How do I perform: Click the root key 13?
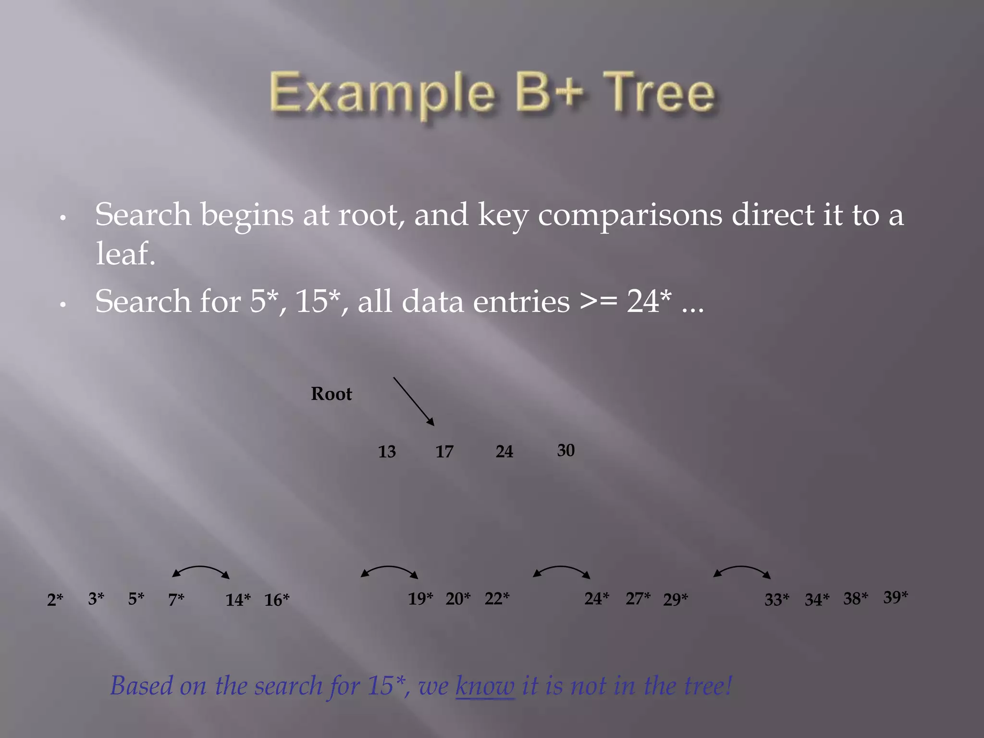click(387, 452)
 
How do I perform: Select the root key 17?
click(444, 452)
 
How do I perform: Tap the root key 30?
click(566, 450)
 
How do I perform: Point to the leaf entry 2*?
click(55, 600)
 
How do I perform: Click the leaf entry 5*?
click(136, 599)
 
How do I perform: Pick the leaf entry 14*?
click(238, 600)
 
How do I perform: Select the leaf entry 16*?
click(277, 600)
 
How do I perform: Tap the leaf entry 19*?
click(420, 599)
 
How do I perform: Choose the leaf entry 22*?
click(497, 599)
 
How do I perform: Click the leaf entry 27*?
click(638, 599)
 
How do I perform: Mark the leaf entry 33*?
click(777, 600)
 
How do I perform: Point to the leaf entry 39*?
click(896, 597)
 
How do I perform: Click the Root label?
click(332, 394)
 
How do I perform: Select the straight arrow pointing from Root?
click(414, 401)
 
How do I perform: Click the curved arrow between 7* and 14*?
click(201, 570)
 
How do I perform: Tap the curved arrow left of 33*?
click(742, 570)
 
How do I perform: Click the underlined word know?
click(485, 686)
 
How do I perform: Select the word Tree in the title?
click(659, 92)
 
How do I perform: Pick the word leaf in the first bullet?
click(125, 254)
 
